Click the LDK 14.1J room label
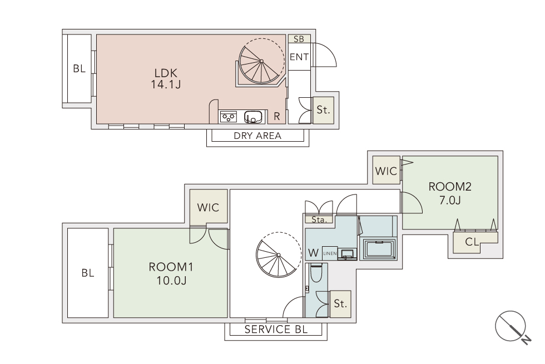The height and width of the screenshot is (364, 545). pyautogui.click(x=166, y=79)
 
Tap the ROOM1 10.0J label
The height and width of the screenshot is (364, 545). pyautogui.click(x=171, y=273)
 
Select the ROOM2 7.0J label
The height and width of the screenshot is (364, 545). pyautogui.click(x=450, y=193)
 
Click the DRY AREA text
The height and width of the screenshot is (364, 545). pyautogui.click(x=257, y=136)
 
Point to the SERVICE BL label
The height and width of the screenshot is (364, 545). pyautogui.click(x=276, y=329)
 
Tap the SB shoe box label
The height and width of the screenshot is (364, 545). pyautogui.click(x=299, y=39)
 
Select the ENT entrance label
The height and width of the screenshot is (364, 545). pyautogui.click(x=299, y=57)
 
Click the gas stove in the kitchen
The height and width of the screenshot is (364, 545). pyautogui.click(x=229, y=117)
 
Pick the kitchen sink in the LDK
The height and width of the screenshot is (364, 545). pyautogui.click(x=252, y=117)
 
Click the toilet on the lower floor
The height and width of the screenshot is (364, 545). pyautogui.click(x=316, y=273)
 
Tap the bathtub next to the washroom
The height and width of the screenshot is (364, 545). pyautogui.click(x=379, y=249)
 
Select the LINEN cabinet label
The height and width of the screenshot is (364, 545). pyautogui.click(x=330, y=253)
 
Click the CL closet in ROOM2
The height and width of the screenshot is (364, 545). pyautogui.click(x=472, y=242)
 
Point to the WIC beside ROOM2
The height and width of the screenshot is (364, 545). pyautogui.click(x=386, y=171)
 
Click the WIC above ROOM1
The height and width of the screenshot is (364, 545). pyautogui.click(x=208, y=207)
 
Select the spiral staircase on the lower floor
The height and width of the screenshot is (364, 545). pyautogui.click(x=279, y=255)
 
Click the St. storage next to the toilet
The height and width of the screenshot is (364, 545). pyautogui.click(x=340, y=304)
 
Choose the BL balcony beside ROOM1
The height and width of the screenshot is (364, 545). pyautogui.click(x=88, y=273)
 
